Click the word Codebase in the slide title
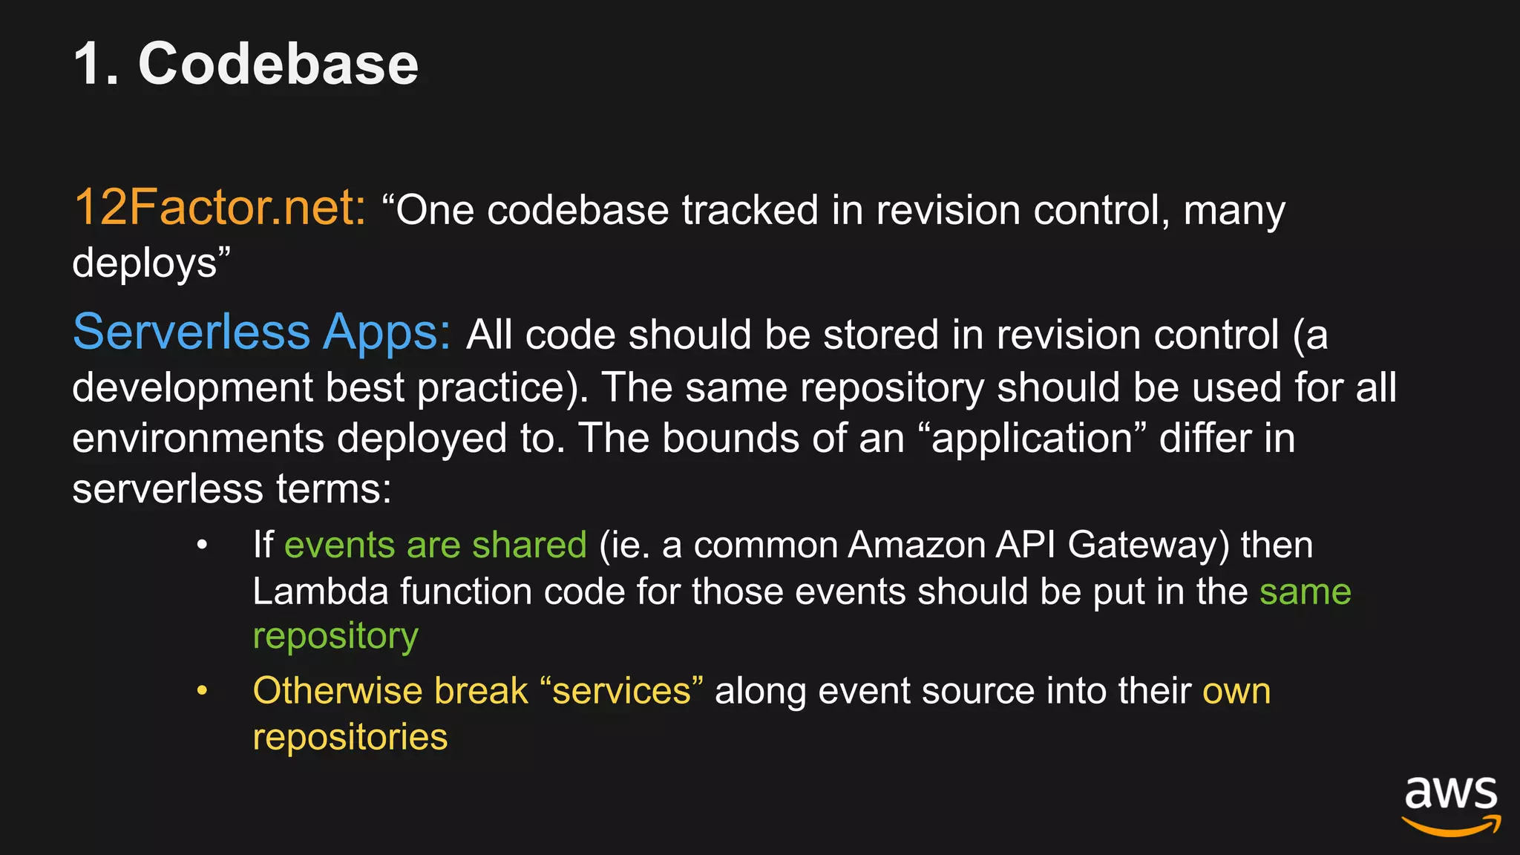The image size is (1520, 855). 278,64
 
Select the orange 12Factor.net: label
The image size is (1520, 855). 220,207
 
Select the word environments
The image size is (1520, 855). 197,438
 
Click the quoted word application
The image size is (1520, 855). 1032,439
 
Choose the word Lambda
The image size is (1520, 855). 320,592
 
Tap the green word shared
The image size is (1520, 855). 529,545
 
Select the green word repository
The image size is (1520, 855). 335,637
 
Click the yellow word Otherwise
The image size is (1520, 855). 337,691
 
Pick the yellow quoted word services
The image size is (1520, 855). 621,691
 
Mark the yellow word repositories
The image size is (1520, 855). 350,737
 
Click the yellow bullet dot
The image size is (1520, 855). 202,691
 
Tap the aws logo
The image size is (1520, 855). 1450,805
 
